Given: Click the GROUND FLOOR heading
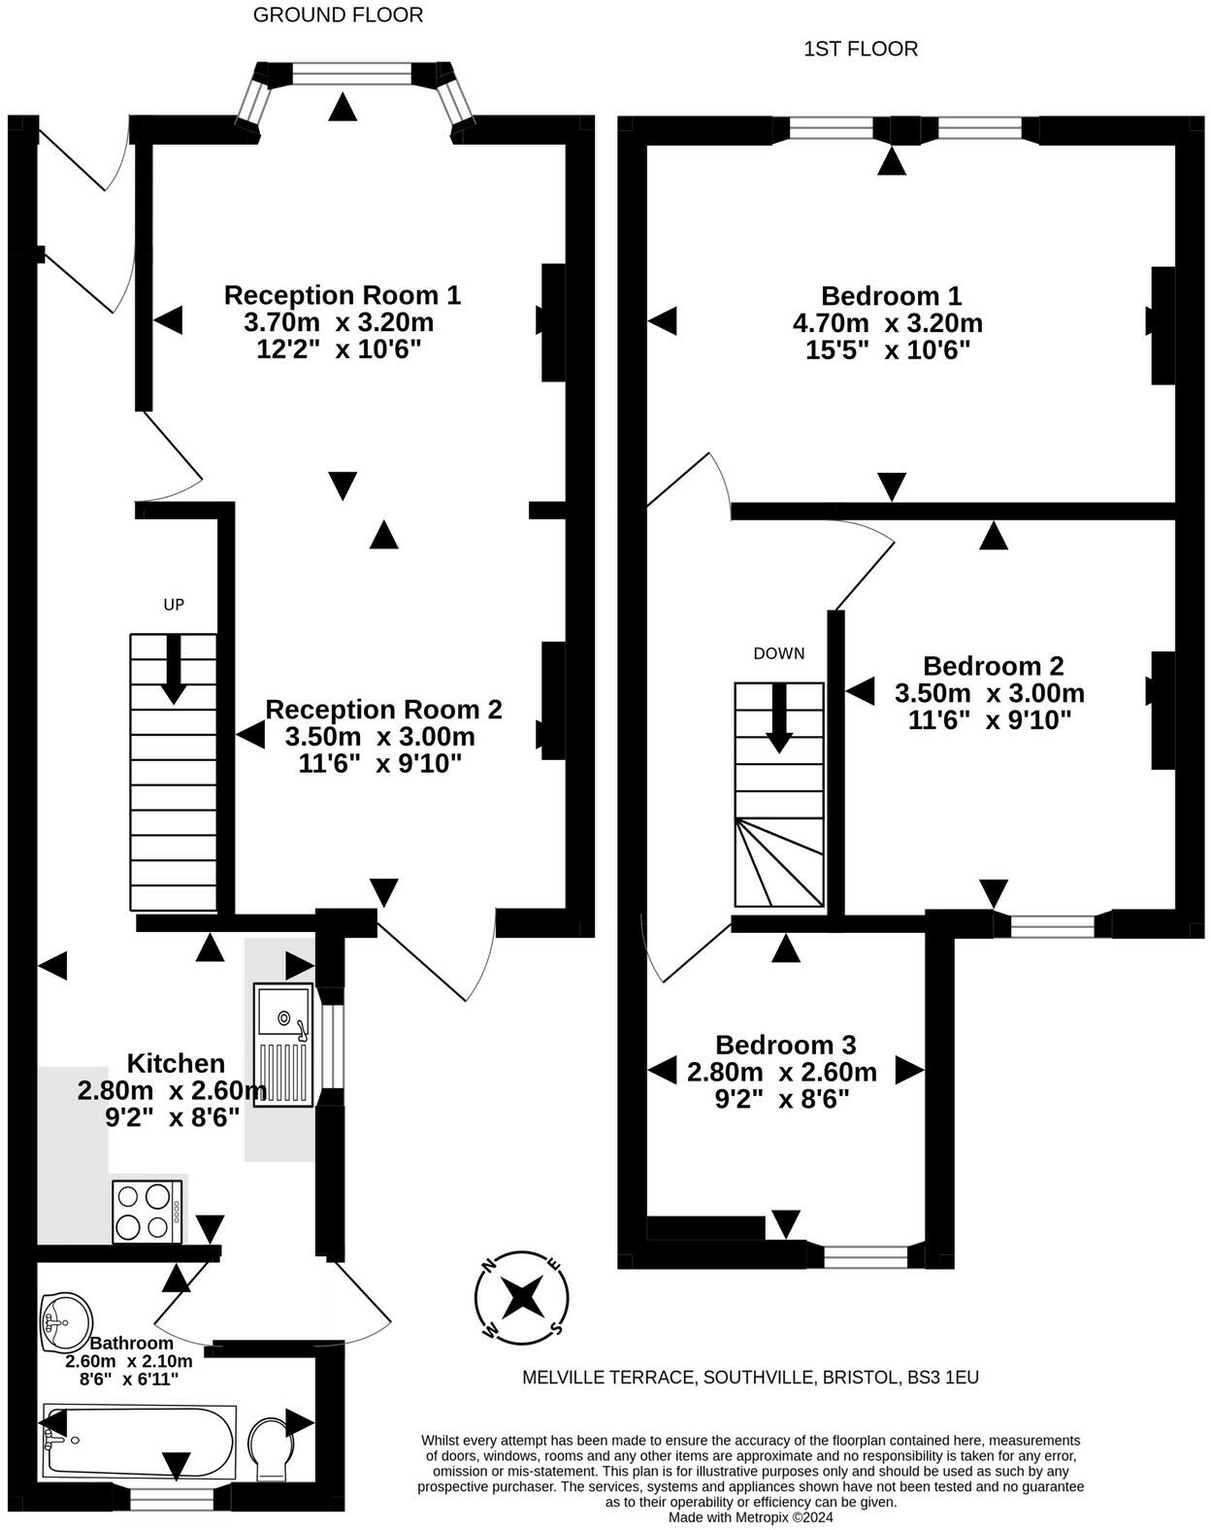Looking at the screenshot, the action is (338, 15).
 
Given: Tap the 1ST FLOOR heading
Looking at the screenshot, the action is (861, 50).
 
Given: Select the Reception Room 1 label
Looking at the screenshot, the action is (343, 295).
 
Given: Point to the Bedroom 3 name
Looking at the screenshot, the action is (785, 1045).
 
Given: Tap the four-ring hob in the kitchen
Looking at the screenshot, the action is (147, 1213).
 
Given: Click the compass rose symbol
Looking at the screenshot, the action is (522, 1298).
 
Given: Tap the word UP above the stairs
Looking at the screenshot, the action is (174, 604).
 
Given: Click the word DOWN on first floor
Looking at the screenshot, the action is (779, 653).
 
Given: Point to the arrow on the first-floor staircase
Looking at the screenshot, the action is (779, 717).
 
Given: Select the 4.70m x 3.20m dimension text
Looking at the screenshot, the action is (888, 323).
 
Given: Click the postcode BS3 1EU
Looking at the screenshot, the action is (943, 1378).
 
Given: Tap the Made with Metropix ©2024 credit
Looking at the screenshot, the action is (750, 1517).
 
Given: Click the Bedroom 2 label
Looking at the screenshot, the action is (993, 665).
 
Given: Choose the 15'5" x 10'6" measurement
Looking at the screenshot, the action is (888, 350).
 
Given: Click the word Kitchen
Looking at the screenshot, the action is (176, 1064).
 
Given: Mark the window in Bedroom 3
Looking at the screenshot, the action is (866, 1257).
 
